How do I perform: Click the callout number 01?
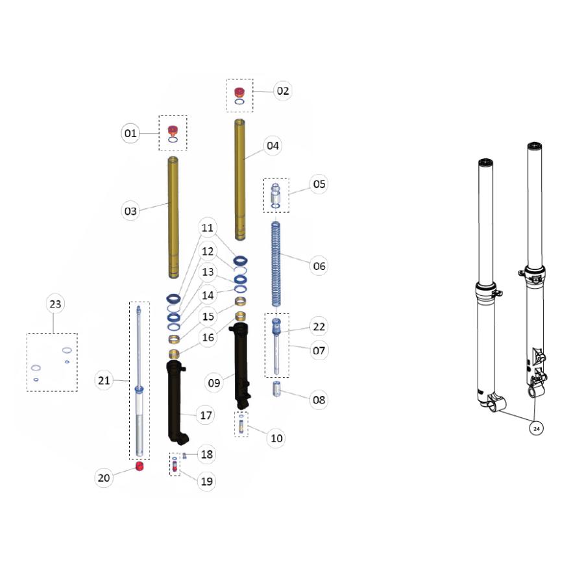[130, 133]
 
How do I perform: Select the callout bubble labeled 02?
[283, 91]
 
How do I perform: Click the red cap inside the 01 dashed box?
[173, 130]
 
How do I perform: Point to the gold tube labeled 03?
[173, 217]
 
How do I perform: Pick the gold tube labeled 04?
[240, 180]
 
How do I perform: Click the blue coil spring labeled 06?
[276, 265]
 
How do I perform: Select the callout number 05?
[319, 184]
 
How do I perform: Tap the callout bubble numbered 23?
[55, 304]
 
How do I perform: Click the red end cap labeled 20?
[140, 466]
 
